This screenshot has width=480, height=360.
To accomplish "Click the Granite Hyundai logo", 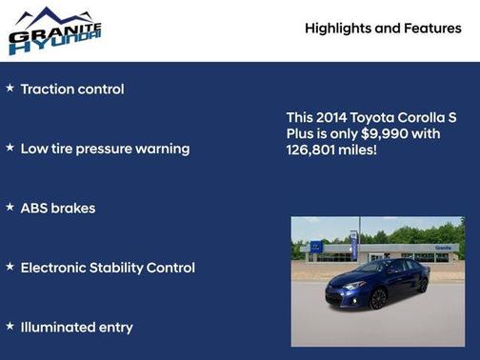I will click(x=53, y=30).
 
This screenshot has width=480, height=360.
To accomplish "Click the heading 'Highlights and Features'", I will click(x=383, y=29).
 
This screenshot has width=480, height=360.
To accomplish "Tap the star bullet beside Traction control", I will click(x=10, y=89).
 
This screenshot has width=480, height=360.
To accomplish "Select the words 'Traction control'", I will click(x=72, y=90).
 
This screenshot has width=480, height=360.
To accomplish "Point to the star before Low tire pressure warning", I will click(x=10, y=148).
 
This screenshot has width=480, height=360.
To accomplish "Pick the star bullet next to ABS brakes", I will click(x=10, y=207).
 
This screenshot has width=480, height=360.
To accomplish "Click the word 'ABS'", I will click(x=35, y=208).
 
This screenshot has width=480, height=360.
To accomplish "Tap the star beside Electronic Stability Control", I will click(x=10, y=267).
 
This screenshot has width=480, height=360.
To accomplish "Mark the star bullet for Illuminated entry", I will click(x=10, y=326).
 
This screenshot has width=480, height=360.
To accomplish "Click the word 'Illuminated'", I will click(x=57, y=327).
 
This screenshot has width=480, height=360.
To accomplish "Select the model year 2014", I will click(x=334, y=116).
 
